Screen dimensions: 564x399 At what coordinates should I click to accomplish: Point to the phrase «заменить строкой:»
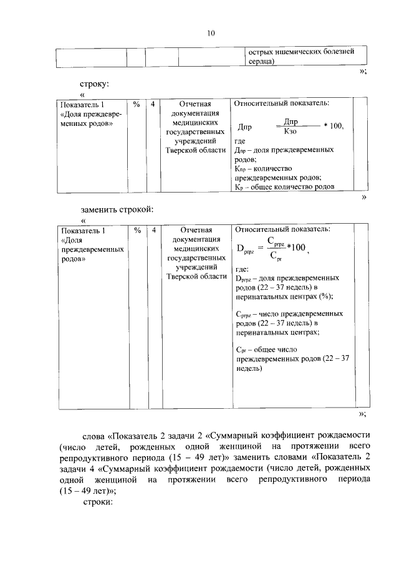click(x=116, y=209)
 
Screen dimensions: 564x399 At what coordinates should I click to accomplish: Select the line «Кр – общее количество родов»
click(x=285, y=186)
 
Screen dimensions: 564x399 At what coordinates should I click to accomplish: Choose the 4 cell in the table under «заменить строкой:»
click(x=153, y=229)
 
